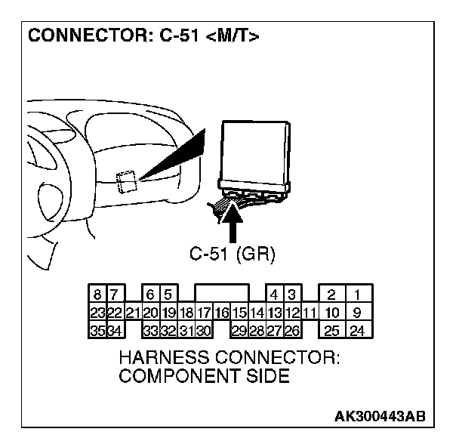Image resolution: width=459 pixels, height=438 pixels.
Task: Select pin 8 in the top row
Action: pos(97,295)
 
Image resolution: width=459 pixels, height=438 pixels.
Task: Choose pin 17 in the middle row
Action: pos(204,312)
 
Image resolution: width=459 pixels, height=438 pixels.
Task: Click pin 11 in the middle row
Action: pos(308,312)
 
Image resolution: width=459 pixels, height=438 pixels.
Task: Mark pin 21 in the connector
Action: pos(132,312)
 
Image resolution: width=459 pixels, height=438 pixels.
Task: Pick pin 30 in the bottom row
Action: pos(204,329)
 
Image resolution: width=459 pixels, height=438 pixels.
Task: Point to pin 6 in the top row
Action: pos(150,295)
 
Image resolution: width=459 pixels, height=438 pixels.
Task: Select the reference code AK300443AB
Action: pos(380,416)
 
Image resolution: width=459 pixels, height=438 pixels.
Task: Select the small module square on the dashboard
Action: pos(126,181)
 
